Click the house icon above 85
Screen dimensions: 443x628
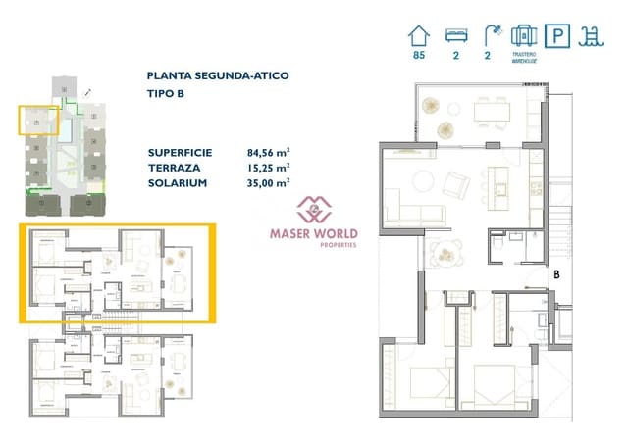[x=420, y=36]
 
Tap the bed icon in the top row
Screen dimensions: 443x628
[x=454, y=36]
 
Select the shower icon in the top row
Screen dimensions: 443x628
[x=489, y=36]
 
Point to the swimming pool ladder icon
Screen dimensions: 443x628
[x=594, y=36]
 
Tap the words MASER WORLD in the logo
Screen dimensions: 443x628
[x=314, y=233]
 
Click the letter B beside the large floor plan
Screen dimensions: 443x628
[x=556, y=276]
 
